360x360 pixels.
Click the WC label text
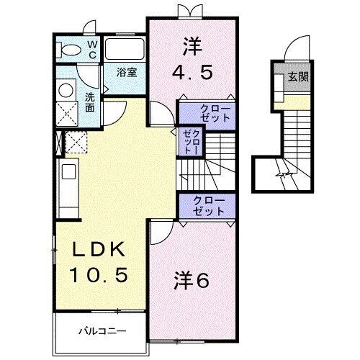(93, 48)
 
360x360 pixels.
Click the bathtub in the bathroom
(125, 49)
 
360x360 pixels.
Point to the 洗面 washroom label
(89, 102)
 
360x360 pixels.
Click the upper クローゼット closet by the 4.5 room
(207, 113)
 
